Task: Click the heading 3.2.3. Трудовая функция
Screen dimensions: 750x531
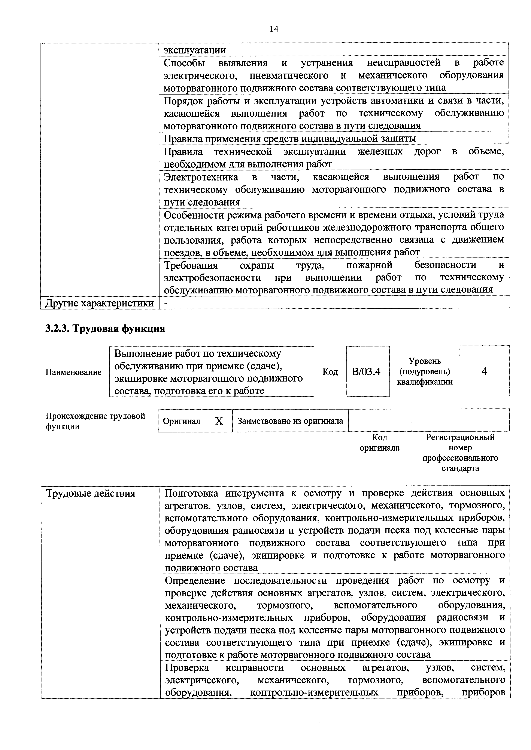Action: coord(105,328)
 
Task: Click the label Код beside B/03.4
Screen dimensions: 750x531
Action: coord(330,372)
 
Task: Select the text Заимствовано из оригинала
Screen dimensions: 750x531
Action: coord(290,421)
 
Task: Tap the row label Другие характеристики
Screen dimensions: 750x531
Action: coord(99,303)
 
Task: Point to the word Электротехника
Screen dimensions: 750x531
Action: coord(201,177)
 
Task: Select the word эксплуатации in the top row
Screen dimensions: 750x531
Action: coord(195,50)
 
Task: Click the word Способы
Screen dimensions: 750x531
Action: coord(184,62)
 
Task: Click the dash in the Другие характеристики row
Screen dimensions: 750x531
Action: coord(166,303)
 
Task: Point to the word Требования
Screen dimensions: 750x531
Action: coord(191,265)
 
